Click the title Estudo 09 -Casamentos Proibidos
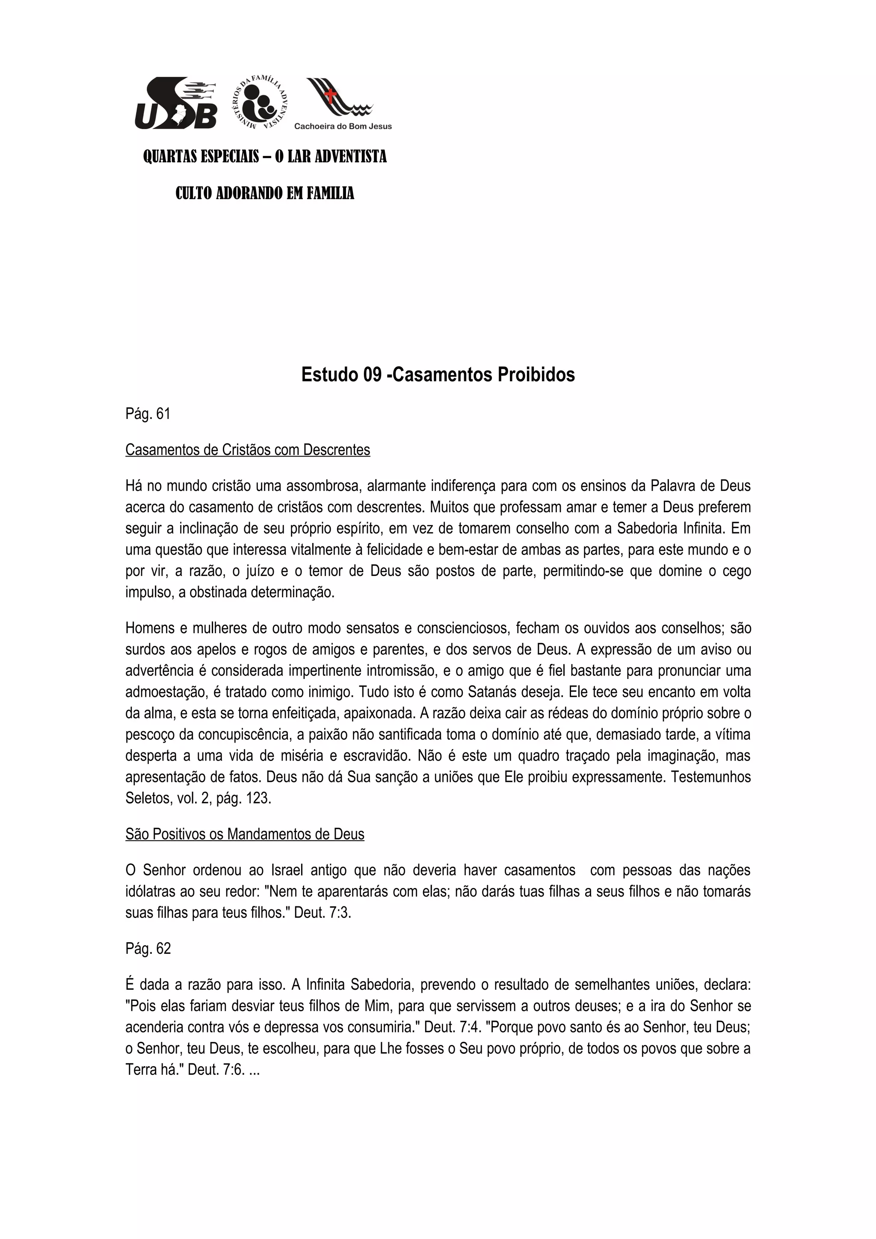(x=438, y=375)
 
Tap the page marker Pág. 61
(x=147, y=414)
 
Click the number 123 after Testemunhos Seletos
(x=257, y=798)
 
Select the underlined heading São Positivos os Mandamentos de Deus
(x=245, y=834)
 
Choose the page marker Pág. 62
(x=148, y=949)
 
